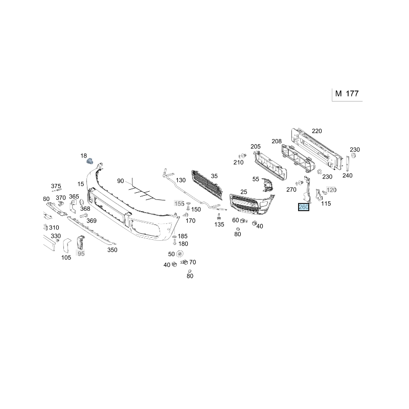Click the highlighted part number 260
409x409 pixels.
click(x=304, y=207)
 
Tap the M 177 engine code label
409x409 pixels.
click(x=347, y=94)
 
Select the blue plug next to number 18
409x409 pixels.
click(x=90, y=162)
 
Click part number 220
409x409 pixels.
click(x=317, y=131)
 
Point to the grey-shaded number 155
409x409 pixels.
click(x=179, y=203)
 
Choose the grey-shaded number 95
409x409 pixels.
click(x=81, y=254)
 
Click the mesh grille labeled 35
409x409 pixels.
click(x=207, y=185)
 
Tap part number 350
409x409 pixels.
click(x=112, y=250)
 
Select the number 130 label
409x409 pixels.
click(x=181, y=180)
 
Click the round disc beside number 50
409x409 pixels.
click(x=179, y=254)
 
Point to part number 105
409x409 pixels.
click(x=66, y=258)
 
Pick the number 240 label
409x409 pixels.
click(x=348, y=175)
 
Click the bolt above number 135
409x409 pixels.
click(x=219, y=216)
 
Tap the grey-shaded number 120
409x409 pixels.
click(x=331, y=190)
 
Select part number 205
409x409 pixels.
click(x=256, y=147)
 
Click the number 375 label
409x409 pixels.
click(x=56, y=186)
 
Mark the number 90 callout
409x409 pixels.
click(x=121, y=181)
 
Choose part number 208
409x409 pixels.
click(x=277, y=142)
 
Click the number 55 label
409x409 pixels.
click(x=256, y=179)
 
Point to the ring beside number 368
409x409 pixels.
click(x=81, y=202)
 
